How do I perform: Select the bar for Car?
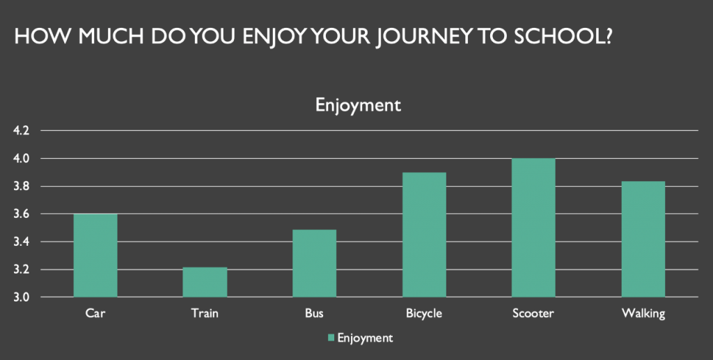[95, 256]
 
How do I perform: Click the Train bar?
[205, 282]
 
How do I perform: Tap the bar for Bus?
[314, 263]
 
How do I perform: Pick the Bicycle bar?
[424, 235]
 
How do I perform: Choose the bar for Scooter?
[533, 228]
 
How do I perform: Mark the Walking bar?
[643, 239]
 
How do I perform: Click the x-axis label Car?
[95, 313]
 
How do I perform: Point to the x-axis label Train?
[205, 313]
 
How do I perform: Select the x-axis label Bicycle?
[424, 313]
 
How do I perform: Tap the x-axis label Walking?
[643, 313]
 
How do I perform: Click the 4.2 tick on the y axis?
[21, 131]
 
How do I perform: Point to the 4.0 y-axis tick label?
[21, 159]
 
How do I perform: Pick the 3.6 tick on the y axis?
[21, 214]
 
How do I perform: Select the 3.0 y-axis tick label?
[21, 297]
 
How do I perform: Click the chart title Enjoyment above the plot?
[359, 105]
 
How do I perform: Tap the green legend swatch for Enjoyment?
[331, 337]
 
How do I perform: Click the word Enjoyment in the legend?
[365, 338]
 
